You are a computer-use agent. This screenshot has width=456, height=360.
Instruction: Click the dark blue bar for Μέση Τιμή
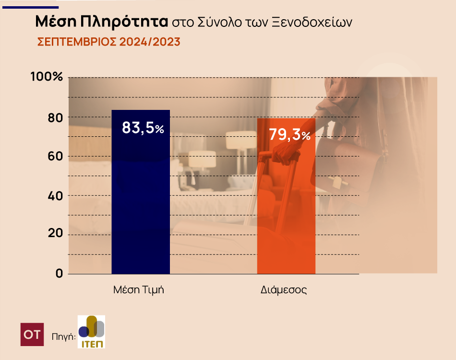coord(141,202)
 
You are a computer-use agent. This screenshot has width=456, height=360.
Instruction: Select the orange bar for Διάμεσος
coord(286,206)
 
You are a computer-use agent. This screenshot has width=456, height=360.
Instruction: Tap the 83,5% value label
coord(143,128)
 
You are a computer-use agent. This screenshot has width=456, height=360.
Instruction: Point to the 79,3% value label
coord(289,135)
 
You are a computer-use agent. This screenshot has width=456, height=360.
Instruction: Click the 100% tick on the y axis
coord(47,77)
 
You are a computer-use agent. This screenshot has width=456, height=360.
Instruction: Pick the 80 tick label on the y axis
coord(53,118)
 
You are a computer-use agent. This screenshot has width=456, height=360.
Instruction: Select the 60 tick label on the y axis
coord(53,156)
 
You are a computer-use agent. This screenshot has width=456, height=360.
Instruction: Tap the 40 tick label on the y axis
coord(53,196)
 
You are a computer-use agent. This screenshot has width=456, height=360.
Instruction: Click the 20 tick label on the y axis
coord(53,235)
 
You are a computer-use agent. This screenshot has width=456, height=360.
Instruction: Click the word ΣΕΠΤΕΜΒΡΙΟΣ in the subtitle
coord(77,42)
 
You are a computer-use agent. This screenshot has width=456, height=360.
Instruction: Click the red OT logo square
coord(32,335)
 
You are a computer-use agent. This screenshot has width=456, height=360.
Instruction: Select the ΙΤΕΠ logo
coord(91,332)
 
